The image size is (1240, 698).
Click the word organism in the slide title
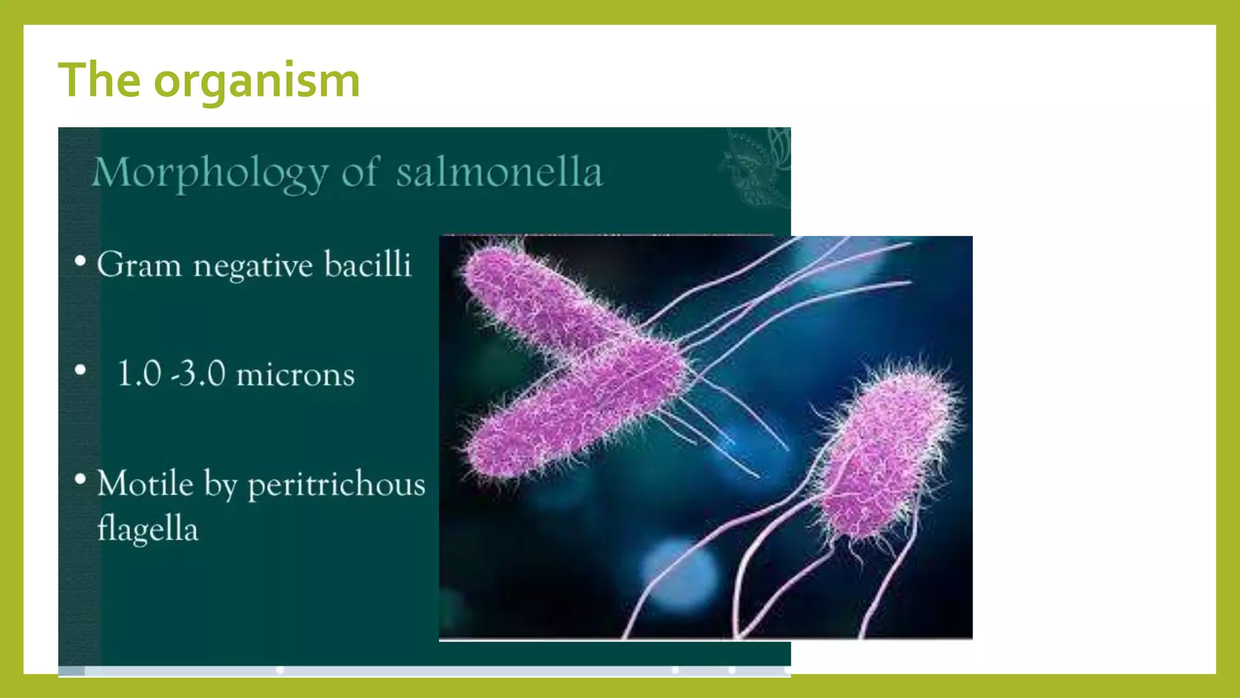point(257,81)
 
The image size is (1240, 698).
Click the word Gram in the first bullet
point(139,265)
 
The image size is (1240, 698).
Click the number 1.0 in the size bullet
point(139,373)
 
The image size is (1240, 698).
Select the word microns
point(295,374)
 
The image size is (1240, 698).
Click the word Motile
point(145,484)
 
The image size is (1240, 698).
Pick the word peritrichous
point(337,485)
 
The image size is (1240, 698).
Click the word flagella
point(148,528)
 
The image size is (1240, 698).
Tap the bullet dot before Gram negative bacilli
point(81,262)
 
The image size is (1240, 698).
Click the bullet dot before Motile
point(81,479)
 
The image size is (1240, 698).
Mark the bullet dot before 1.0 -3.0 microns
point(81,370)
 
